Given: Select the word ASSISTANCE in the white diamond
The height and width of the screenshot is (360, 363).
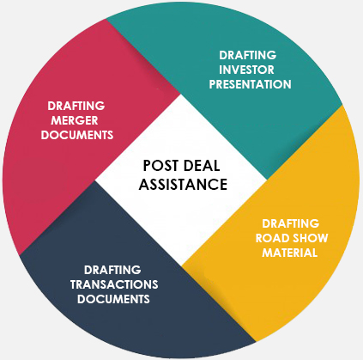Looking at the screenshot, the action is pos(183,184).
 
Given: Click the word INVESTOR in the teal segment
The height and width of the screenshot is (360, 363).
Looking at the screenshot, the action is pos(246,70).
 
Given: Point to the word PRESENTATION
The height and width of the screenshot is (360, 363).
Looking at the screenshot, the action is pos(251,84).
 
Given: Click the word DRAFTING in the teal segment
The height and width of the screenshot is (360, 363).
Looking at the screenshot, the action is pos(248,55).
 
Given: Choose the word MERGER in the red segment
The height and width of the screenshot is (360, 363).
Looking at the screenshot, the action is pos(75,120).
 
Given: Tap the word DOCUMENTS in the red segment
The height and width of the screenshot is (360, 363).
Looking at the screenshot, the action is pos(77,135).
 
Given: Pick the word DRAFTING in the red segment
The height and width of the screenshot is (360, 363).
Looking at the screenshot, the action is pos(76,106).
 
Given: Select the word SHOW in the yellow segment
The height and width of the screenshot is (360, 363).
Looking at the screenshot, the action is pos(309,238).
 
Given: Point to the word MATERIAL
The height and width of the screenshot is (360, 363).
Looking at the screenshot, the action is pos(290,253).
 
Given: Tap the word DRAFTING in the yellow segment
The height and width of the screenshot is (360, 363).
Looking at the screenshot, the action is pos(291,223).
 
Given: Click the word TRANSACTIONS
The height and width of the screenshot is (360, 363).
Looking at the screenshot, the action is pos(114,284).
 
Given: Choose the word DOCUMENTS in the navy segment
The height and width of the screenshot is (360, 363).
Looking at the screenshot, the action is pos(113,299).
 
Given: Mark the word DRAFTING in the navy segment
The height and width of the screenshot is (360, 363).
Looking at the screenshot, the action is pos(112,270).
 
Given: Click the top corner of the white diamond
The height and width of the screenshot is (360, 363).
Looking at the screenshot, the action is pos(181,94).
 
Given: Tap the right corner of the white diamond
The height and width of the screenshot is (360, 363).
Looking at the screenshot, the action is pos(267,180).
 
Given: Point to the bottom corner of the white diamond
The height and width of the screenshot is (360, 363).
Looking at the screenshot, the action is pos(181,265).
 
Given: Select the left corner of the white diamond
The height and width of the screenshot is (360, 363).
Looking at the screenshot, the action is pos(95,180).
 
